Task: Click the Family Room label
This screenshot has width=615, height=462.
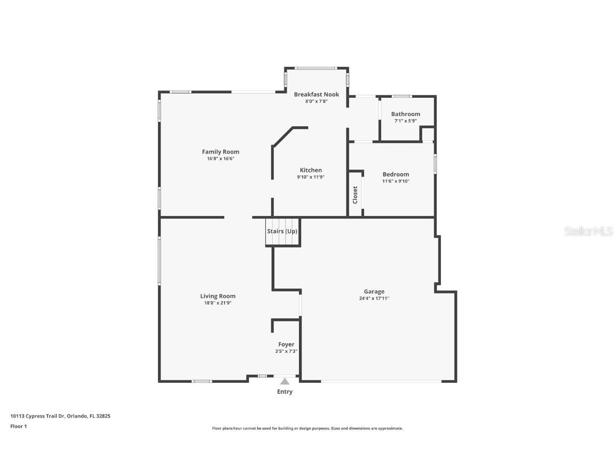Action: pyautogui.click(x=220, y=152)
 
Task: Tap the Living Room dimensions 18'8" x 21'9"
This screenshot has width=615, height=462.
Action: pyautogui.click(x=218, y=303)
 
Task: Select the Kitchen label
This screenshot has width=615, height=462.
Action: pyautogui.click(x=311, y=170)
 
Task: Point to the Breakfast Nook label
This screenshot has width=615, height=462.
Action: pyautogui.click(x=317, y=94)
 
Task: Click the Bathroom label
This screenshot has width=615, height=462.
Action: pyautogui.click(x=406, y=114)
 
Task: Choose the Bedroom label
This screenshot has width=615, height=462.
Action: pyautogui.click(x=396, y=174)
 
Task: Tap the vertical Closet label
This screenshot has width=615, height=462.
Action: pyautogui.click(x=355, y=195)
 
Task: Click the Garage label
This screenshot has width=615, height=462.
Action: pyautogui.click(x=374, y=291)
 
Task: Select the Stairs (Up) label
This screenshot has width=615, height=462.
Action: pyautogui.click(x=282, y=232)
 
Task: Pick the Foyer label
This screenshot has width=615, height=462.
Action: pyautogui.click(x=286, y=344)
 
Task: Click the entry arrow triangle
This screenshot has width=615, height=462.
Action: pyautogui.click(x=285, y=381)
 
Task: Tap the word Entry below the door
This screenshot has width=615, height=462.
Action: pyautogui.click(x=285, y=392)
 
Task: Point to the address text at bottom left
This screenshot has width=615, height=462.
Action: pyautogui.click(x=60, y=416)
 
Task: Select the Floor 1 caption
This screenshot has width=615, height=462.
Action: pyautogui.click(x=19, y=426)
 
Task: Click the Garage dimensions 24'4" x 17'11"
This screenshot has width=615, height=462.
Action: pyautogui.click(x=374, y=298)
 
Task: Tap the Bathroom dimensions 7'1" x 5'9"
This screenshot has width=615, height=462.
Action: pyautogui.click(x=406, y=121)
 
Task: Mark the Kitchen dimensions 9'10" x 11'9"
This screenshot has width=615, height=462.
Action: pyautogui.click(x=311, y=177)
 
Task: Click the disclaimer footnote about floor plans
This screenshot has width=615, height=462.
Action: pyautogui.click(x=307, y=428)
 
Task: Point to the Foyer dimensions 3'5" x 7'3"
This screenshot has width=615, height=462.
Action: pyautogui.click(x=286, y=351)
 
